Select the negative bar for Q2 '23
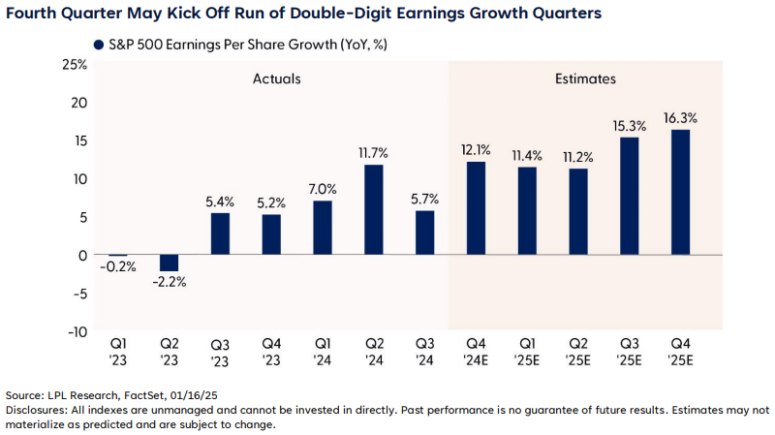coord(169,263)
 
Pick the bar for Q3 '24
coord(424,233)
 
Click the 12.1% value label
coord(476,150)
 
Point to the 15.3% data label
coord(629,126)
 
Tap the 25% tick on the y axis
coord(75,65)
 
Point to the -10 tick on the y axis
coord(75,331)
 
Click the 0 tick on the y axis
coord(82,255)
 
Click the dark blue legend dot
coord(98,46)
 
